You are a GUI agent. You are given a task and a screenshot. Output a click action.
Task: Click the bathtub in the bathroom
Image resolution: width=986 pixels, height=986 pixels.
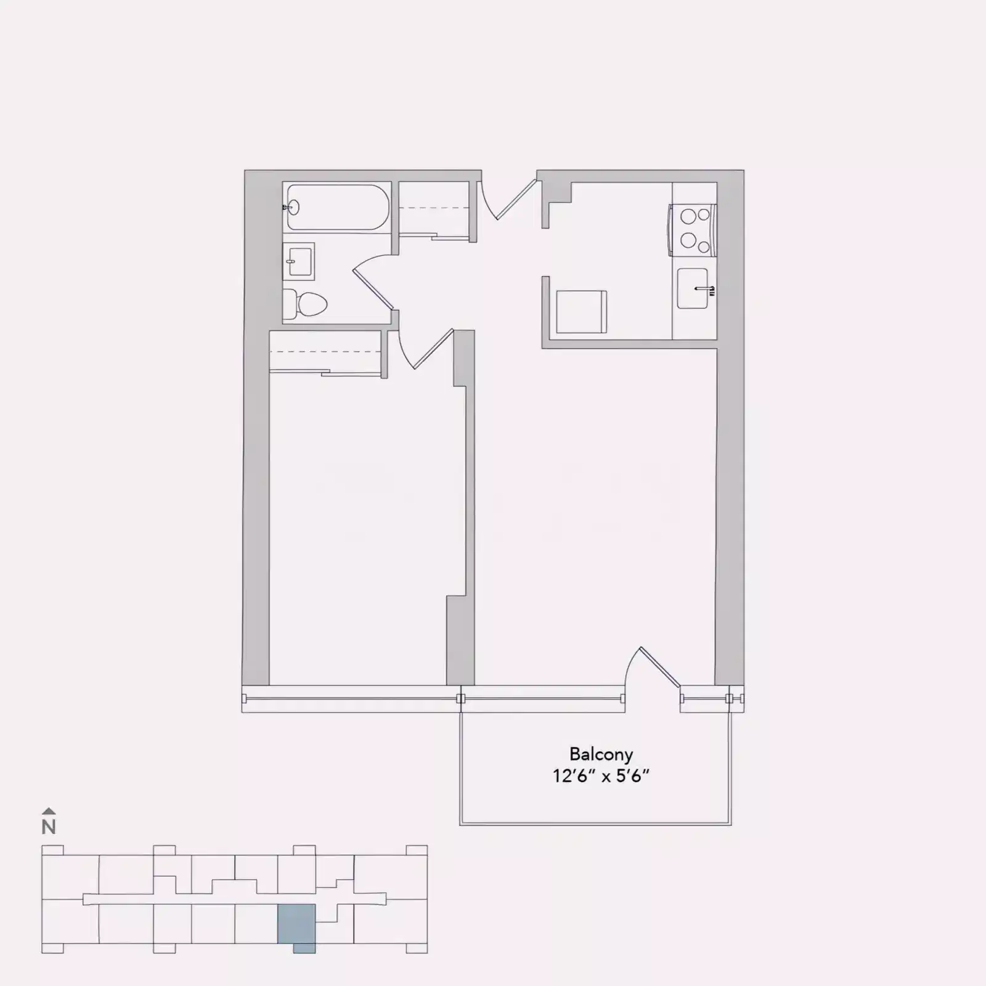pos(337,208)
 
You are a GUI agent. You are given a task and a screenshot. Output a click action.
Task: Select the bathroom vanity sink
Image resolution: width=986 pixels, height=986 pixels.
pos(299,261)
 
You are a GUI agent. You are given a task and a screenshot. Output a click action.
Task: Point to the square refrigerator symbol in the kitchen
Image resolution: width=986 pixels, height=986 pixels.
pos(581,312)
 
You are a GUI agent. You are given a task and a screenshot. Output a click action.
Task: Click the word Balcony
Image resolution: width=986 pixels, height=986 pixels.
pos(601,754)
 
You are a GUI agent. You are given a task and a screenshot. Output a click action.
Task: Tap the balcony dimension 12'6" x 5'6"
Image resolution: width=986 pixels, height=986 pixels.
pos(601,776)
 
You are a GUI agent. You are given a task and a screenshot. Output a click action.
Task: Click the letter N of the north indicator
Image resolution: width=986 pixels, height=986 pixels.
pos(49,827)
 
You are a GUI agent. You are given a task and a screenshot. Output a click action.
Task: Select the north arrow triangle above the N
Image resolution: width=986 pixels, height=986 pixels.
pos(49,812)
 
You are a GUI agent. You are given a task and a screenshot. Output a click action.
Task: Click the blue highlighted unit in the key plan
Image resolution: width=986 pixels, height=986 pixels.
pos(296,924)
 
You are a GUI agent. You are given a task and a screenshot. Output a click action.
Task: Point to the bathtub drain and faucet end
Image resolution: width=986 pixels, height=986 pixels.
pos(292,208)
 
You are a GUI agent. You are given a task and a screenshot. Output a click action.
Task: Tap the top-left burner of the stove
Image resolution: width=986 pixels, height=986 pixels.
pos(687,216)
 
